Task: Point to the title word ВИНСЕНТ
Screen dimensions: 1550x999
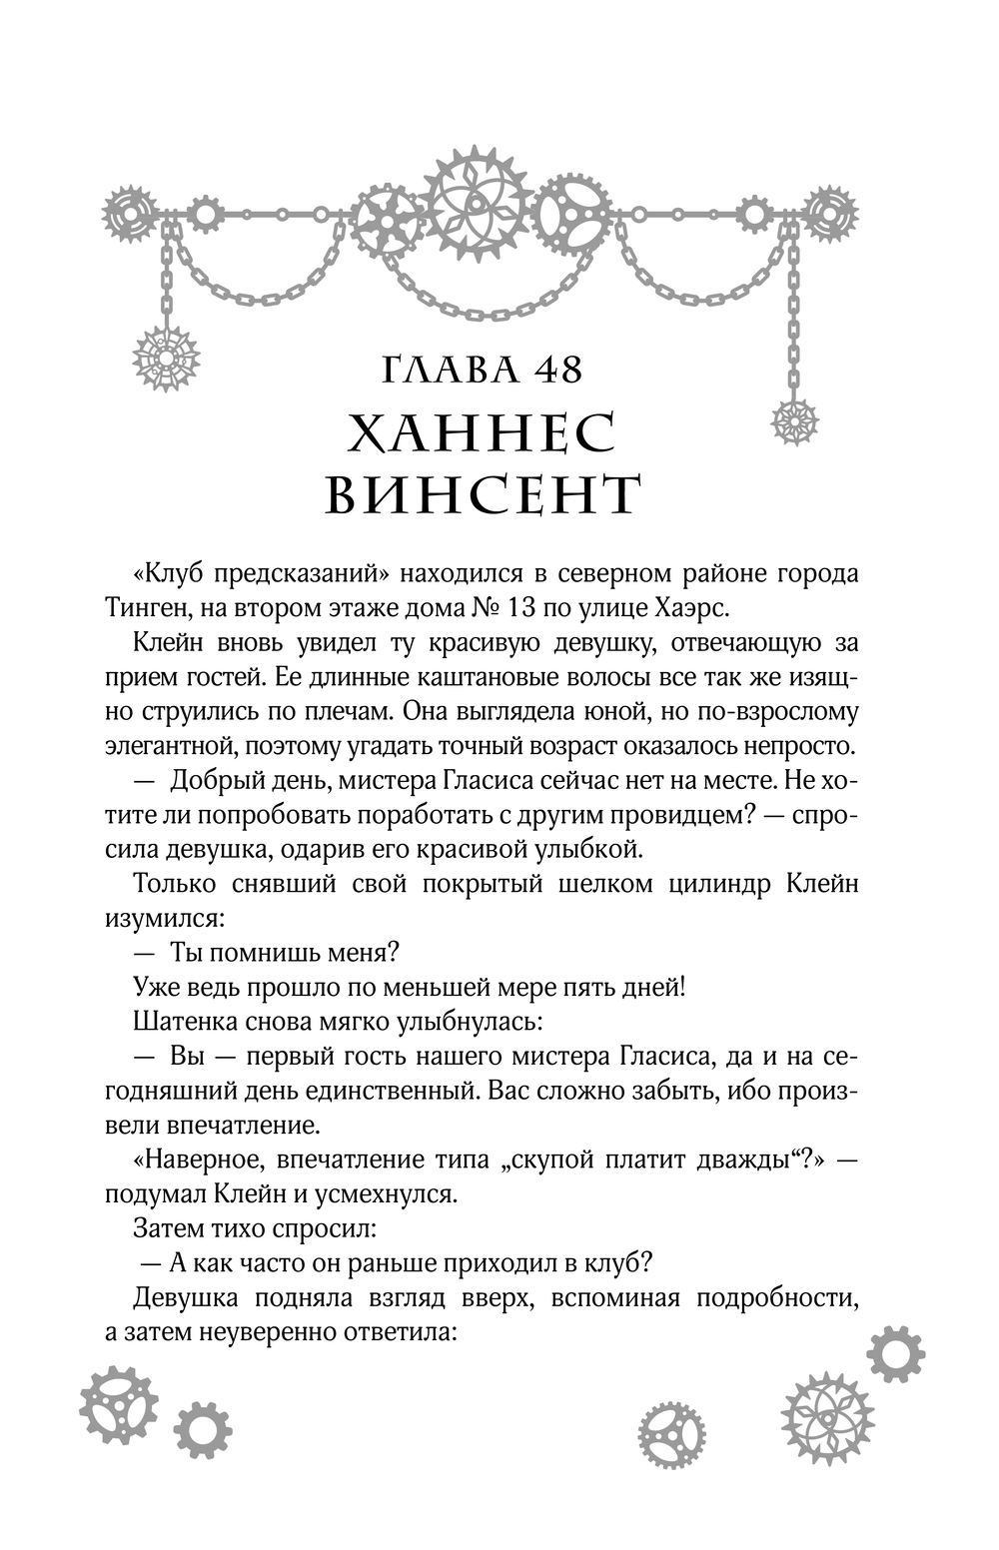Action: point(484,495)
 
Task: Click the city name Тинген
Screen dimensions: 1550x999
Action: point(168,608)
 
